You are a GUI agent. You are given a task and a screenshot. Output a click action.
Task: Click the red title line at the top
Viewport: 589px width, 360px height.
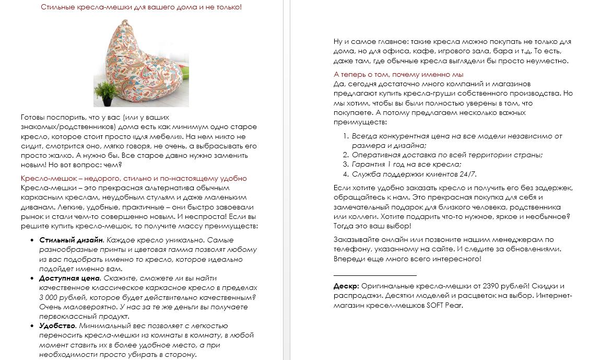click(142, 7)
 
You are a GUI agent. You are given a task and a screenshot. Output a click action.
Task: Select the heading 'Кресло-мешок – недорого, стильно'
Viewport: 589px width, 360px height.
click(134, 178)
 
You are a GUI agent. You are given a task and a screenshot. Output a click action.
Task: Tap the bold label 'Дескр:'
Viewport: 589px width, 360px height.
click(346, 286)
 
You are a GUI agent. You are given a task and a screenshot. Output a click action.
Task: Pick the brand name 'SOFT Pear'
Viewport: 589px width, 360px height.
click(444, 305)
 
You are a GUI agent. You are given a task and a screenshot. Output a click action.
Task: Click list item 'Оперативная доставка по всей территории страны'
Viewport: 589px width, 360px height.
click(447, 155)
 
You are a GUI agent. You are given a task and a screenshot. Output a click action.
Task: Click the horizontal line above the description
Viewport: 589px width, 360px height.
click(375, 274)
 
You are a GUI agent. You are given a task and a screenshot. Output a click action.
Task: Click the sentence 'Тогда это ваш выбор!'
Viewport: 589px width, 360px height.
click(372, 226)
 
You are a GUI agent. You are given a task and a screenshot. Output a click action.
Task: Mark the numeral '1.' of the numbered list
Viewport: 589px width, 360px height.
click(346, 136)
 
